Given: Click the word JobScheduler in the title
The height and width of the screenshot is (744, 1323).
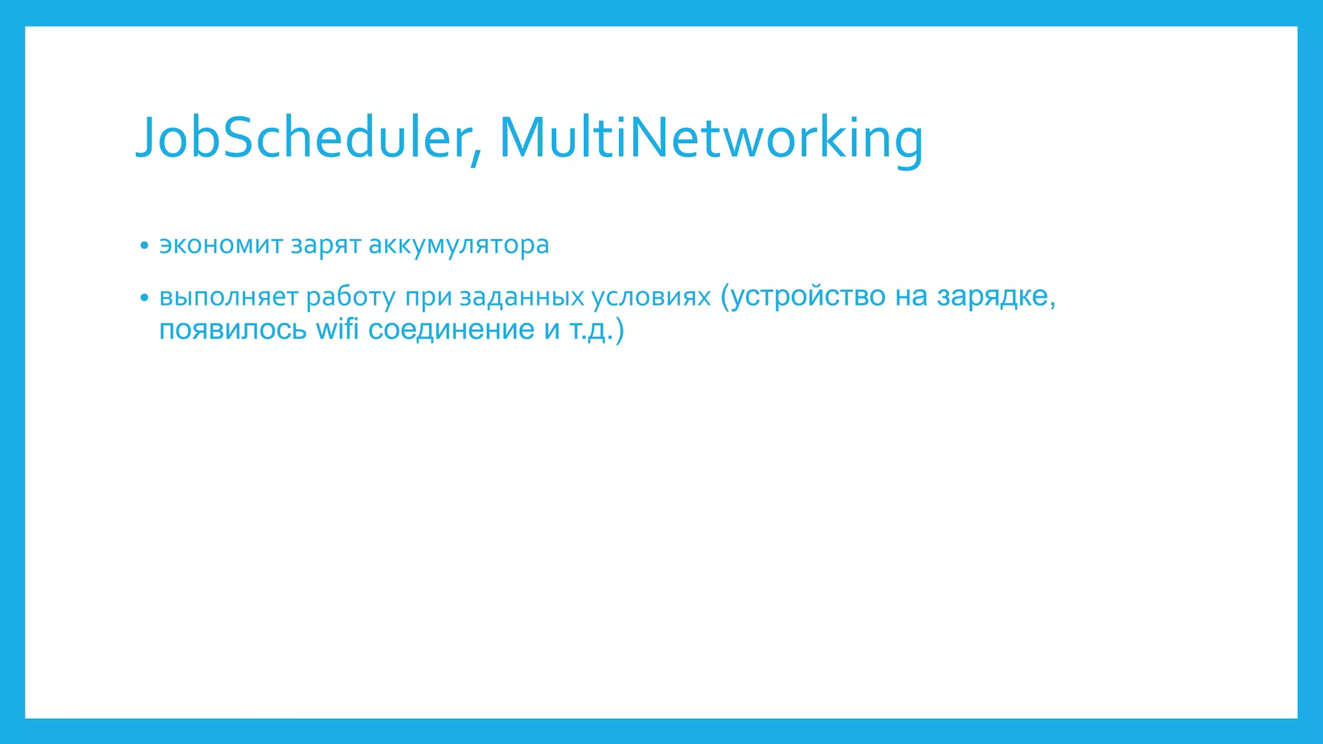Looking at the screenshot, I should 304,138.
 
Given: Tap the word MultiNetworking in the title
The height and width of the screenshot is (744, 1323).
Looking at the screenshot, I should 711,138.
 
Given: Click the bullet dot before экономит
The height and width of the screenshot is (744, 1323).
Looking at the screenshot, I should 144,246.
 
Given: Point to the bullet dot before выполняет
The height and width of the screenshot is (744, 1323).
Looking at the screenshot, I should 144,298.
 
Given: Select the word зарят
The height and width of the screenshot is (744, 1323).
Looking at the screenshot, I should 326,245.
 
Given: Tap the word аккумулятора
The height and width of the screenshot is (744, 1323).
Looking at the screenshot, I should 459,245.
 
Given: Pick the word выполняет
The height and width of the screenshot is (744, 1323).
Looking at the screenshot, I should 229,297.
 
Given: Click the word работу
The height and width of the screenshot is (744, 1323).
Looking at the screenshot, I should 350,297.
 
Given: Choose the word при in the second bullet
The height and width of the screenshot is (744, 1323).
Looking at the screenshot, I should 428,297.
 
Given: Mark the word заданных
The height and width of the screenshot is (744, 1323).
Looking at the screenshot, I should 522,297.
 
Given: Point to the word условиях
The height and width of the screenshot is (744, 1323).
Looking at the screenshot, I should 651,297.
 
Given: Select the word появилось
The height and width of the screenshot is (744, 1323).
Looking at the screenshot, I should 233,329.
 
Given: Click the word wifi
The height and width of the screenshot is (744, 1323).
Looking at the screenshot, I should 337,329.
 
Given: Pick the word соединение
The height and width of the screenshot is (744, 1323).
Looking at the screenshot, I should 451,329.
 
